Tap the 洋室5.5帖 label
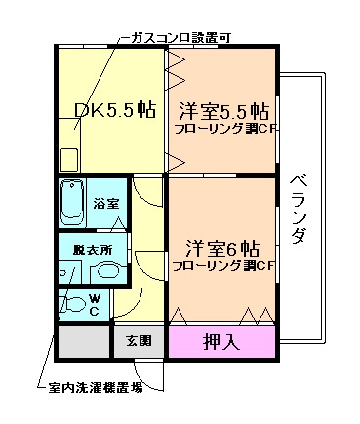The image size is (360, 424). coord(223,109)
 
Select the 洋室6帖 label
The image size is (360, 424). coord(223,246)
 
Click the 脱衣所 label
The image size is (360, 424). coord(93,250)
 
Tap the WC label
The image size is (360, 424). coord(94,304)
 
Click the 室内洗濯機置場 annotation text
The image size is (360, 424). coord(95,387)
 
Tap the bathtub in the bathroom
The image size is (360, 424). coord(72,203)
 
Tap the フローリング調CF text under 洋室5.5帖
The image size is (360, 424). coord(223,129)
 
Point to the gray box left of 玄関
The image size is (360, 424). coord(82,341)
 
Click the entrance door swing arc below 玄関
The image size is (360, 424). coord(143,374)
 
